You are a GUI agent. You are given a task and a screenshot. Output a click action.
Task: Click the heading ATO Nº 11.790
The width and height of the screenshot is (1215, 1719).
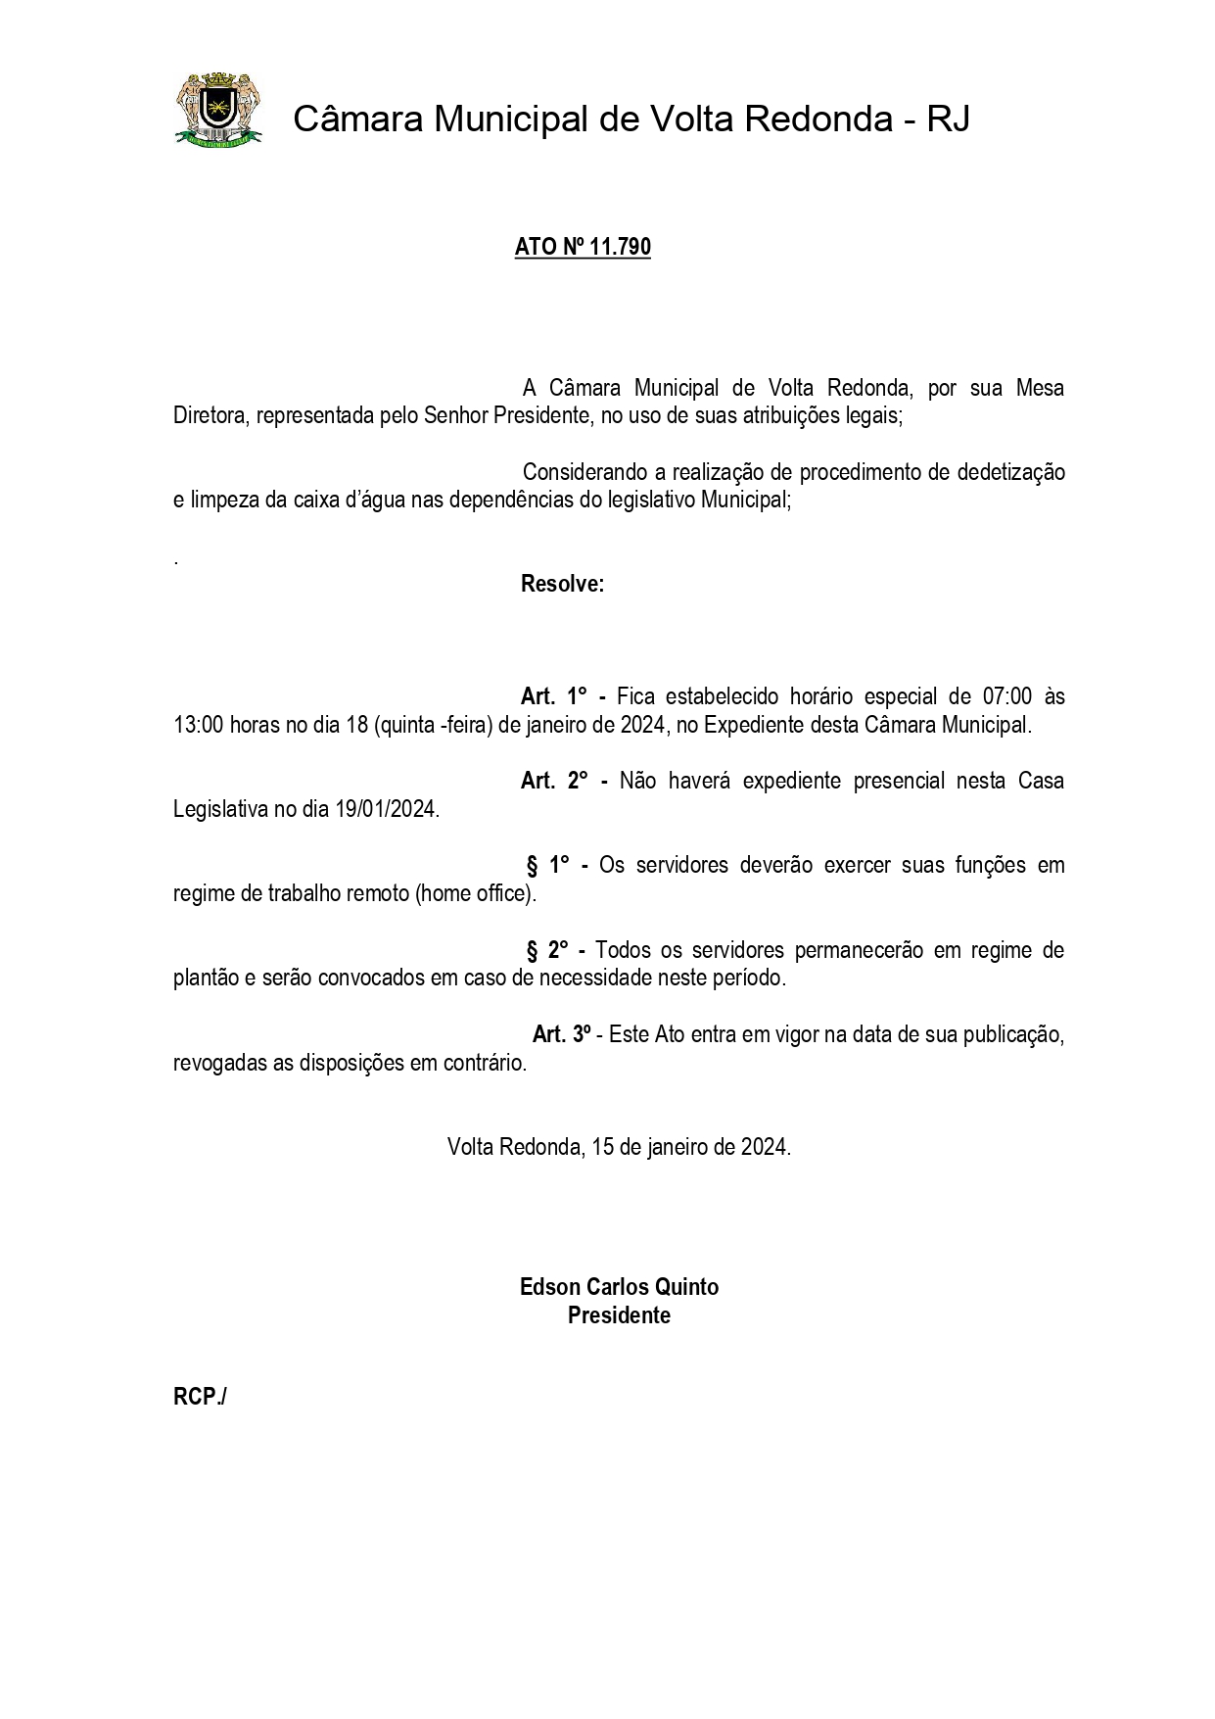click(583, 247)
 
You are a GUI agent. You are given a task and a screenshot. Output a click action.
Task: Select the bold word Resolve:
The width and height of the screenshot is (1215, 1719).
click(562, 585)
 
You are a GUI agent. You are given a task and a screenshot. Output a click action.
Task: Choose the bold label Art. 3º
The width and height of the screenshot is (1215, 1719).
click(562, 1034)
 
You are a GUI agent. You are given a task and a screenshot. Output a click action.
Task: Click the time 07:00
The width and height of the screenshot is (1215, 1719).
click(1006, 696)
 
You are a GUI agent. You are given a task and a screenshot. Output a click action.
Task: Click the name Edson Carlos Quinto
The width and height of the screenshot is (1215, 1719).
click(619, 1286)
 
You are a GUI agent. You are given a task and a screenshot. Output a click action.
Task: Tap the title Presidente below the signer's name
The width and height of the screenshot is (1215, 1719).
click(619, 1315)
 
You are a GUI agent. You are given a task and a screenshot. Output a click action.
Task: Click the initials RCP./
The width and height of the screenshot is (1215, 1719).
click(200, 1397)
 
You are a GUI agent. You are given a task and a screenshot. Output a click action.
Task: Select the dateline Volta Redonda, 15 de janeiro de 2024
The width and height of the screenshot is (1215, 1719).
click(619, 1147)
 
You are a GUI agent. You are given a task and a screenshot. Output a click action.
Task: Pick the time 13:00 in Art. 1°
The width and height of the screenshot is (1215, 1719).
click(199, 726)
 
